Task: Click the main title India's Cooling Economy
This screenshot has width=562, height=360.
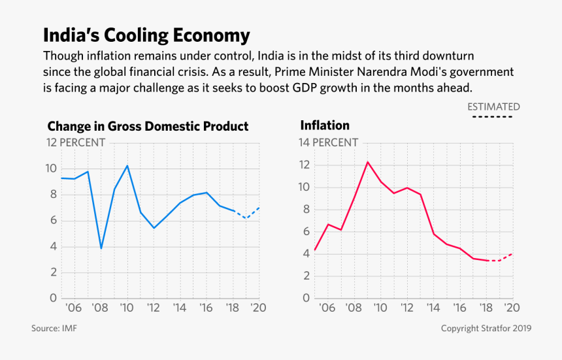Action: [146, 35]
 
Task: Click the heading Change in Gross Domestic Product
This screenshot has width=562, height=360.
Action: [148, 126]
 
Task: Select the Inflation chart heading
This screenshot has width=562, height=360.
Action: [325, 125]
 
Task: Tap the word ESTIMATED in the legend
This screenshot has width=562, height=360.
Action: [493, 106]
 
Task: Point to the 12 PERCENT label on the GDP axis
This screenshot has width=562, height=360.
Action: [75, 142]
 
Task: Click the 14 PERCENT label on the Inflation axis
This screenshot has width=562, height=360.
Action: [329, 142]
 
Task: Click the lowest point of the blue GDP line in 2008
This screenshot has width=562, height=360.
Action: [101, 248]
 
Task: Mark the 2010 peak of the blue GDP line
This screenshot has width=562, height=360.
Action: [127, 165]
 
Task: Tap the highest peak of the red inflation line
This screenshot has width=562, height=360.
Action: [367, 161]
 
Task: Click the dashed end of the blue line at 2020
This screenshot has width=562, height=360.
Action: [259, 208]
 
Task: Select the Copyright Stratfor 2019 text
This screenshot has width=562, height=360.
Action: [486, 328]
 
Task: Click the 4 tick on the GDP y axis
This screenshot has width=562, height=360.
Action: [52, 247]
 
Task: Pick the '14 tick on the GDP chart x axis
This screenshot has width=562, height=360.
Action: [180, 308]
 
